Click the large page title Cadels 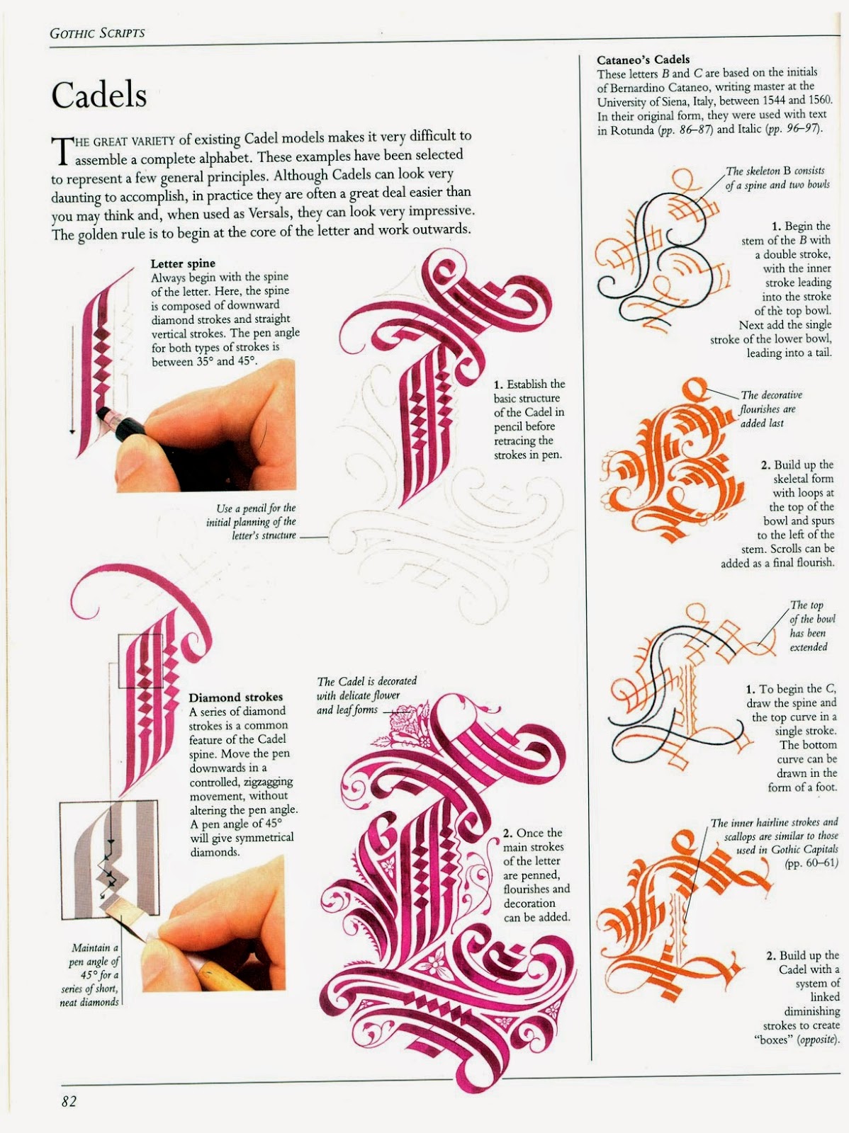(99, 95)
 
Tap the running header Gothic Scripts (97, 33)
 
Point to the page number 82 (69, 1102)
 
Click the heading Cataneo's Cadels (643, 59)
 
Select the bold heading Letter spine (183, 263)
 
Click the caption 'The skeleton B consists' (775, 171)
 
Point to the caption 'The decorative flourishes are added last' (770, 409)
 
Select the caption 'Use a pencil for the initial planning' (252, 521)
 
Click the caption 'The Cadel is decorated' (366, 681)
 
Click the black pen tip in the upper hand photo (106, 412)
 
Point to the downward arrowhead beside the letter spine (72, 431)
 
